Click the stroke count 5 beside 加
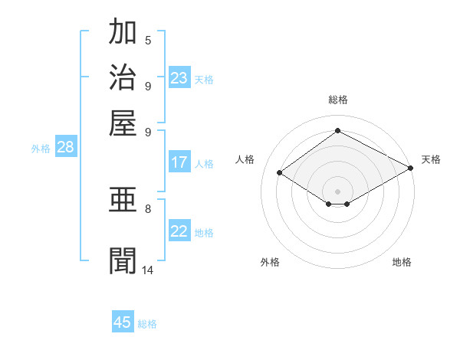coord(148,40)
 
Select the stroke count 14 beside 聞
coord(148,270)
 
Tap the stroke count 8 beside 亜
coord(148,208)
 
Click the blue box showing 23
coord(179,78)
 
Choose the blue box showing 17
coord(179,162)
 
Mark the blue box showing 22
coord(179,231)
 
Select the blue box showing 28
coord(66,148)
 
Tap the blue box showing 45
coord(123,322)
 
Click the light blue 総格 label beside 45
coord(147,324)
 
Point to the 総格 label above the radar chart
coord(337,100)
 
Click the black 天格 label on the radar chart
coord(431,159)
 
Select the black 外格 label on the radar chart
coord(269,262)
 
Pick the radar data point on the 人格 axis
coord(280,173)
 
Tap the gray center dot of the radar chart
coord(337,191)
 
